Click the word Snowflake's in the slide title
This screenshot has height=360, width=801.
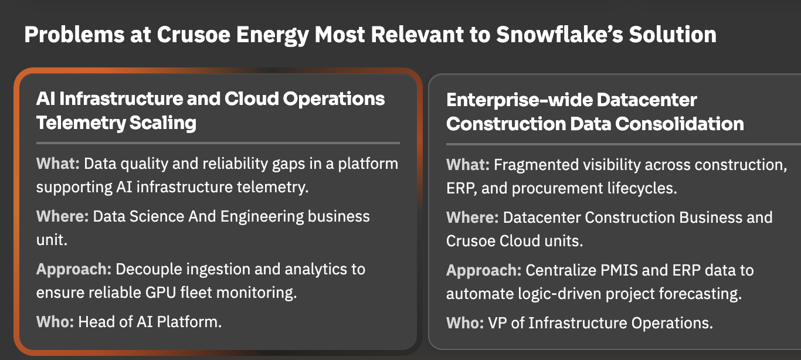[x=559, y=35]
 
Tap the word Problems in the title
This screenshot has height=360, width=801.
[x=74, y=35]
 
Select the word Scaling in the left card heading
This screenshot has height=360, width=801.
[x=162, y=123]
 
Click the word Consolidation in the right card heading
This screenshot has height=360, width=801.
[x=680, y=124]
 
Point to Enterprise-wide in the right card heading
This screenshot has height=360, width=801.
[x=518, y=100]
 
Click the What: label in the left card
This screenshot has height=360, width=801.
[x=58, y=164]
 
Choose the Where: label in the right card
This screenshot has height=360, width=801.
[x=473, y=218]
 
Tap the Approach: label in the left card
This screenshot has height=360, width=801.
[x=74, y=270]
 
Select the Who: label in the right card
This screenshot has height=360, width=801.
[x=465, y=323]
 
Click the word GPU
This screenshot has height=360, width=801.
[x=161, y=293]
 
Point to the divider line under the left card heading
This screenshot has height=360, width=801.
[x=218, y=143]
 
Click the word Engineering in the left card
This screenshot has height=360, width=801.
[x=262, y=217]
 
